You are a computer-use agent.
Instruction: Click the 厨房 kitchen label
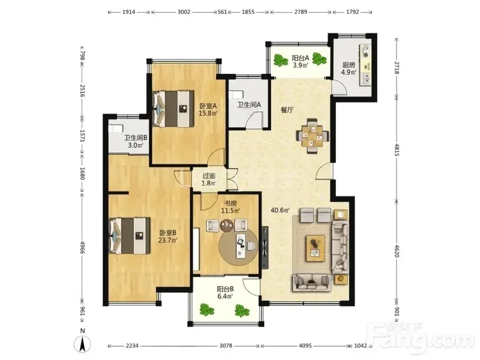point(349,65)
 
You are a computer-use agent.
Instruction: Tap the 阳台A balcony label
point(301,58)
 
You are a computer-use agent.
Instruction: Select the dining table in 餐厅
point(313,136)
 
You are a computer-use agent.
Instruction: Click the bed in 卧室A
point(173,109)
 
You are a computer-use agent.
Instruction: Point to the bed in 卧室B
point(130,236)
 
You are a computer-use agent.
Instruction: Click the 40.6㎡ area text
point(280,211)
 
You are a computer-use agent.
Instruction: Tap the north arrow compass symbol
point(82,343)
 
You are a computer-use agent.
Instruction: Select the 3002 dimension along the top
point(184,12)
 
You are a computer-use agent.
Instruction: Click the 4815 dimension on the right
point(397,149)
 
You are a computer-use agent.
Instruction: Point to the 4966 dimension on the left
point(82,247)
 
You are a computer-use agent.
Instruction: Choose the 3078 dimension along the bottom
point(226,346)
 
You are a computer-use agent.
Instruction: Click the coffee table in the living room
point(316,248)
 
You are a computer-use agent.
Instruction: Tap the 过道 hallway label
point(209,176)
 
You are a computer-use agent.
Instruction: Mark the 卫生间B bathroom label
point(136,138)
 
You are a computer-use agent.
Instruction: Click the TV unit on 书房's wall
point(265,248)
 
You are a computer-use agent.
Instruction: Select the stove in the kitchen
point(365,52)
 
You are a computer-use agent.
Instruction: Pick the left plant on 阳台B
point(206,309)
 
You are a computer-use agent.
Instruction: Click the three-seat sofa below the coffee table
point(312,283)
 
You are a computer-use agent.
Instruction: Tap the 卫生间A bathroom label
point(249,104)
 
